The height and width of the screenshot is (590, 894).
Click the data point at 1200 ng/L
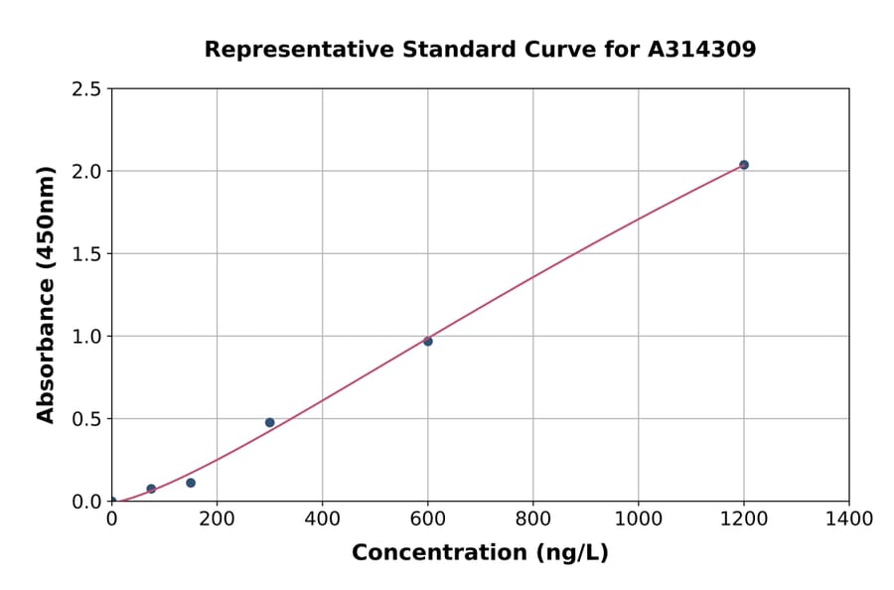coord(743,165)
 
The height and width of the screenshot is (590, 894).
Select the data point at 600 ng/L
coord(428,341)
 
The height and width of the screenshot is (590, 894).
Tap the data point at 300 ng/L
coord(269,422)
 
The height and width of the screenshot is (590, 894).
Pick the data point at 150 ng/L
coord(191,483)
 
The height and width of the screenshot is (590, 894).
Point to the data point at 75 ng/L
coord(151,489)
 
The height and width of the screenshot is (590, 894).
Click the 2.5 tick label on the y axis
coord(87,89)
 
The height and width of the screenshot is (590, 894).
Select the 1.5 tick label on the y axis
coord(87,254)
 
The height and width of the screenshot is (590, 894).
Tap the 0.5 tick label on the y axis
coord(87,419)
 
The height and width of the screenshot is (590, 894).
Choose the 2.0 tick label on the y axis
coord(87,172)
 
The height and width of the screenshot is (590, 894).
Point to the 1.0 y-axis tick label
coord(87,337)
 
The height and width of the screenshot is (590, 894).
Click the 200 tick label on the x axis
coord(217,518)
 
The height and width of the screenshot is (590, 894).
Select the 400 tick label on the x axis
coord(322,518)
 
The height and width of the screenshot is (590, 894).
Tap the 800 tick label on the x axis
coord(532,518)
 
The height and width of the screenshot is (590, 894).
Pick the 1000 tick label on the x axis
coord(638,518)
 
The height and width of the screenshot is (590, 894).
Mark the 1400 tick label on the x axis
coord(848,518)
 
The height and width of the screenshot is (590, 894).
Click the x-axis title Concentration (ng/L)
coord(480,553)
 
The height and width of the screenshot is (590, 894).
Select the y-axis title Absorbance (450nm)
coord(46,294)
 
